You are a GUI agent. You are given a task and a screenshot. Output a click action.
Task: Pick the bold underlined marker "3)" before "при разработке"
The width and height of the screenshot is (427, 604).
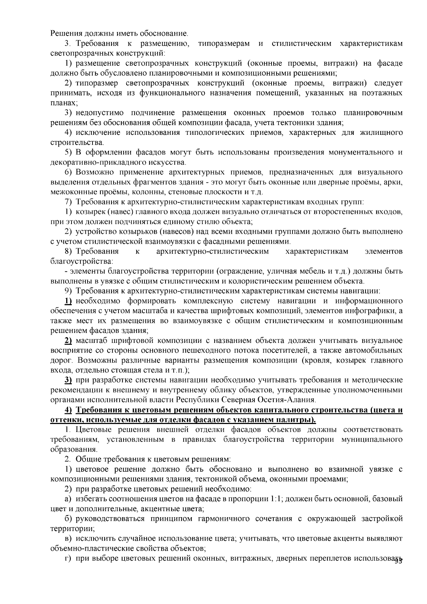click(68, 380)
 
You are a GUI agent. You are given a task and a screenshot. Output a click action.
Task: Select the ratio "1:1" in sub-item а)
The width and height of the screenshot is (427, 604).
click(276, 499)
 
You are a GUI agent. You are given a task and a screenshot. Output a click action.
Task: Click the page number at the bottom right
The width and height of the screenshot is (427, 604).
click(398, 561)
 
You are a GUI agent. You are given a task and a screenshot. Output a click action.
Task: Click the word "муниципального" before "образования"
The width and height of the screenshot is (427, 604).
click(372, 439)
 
